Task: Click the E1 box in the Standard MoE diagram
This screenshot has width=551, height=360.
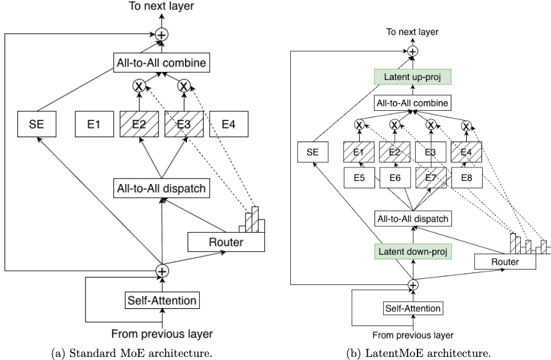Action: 93,124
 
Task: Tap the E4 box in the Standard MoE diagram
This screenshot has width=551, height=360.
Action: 228,124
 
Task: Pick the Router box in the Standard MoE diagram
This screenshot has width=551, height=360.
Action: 226,242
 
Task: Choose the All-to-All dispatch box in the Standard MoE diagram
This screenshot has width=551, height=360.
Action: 161,188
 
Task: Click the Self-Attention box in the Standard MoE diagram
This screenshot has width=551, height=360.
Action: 161,301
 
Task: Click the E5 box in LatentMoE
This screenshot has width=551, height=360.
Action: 359,178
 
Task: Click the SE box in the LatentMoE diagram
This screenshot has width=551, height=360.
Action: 312,150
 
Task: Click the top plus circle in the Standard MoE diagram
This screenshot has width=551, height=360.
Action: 162,35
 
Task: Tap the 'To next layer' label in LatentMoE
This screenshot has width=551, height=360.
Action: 413,33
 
